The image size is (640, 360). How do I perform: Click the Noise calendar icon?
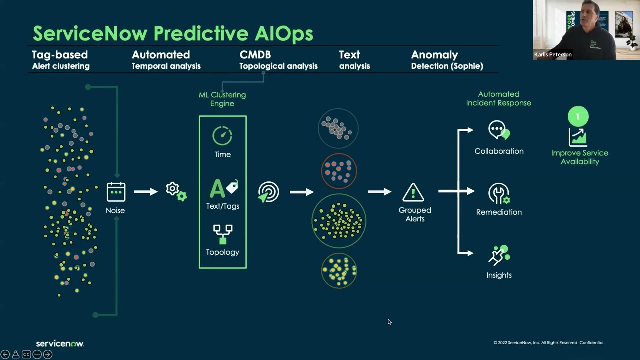pyautogui.click(x=116, y=192)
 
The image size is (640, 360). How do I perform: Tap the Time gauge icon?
pyautogui.click(x=222, y=136)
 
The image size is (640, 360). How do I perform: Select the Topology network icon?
pyautogui.click(x=223, y=234)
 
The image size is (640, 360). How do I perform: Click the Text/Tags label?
pyautogui.click(x=223, y=206)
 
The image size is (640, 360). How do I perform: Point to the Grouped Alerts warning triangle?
pyautogui.click(x=413, y=192)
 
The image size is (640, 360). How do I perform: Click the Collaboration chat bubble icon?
pyautogui.click(x=498, y=131)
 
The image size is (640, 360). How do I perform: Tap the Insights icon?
pyautogui.click(x=498, y=255)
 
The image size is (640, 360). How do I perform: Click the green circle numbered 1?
pyautogui.click(x=578, y=117)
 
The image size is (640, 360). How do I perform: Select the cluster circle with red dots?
pyautogui.click(x=339, y=171)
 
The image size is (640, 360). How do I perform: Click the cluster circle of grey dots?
pyautogui.click(x=338, y=128)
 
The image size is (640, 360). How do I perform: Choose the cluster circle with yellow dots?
pyautogui.click(x=339, y=270)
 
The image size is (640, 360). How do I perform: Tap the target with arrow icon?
pyautogui.click(x=268, y=192)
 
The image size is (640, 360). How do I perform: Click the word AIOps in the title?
pyautogui.click(x=283, y=34)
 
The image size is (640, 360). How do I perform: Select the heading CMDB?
pyautogui.click(x=255, y=55)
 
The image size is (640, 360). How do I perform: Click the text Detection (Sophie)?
pyautogui.click(x=447, y=66)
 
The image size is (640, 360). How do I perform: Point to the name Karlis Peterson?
pyautogui.click(x=553, y=55)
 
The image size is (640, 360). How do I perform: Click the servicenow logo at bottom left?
pyautogui.click(x=60, y=344)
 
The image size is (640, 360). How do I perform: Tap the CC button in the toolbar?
pyautogui.click(x=26, y=354)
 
